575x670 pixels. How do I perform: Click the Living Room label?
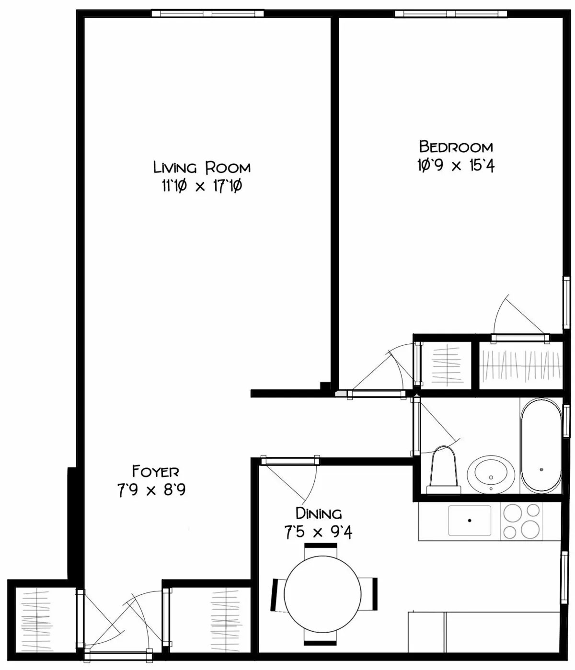[202, 168]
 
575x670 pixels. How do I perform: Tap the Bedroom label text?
[456, 146]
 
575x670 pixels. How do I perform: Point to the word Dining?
[318, 514]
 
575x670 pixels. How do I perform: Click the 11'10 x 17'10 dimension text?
[201, 186]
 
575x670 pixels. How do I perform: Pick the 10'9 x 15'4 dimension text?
[456, 166]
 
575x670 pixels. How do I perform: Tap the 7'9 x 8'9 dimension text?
[151, 490]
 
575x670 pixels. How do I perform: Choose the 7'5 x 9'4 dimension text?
[318, 532]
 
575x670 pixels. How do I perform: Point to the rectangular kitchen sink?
[470, 521]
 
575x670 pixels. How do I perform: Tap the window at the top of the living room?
[207, 13]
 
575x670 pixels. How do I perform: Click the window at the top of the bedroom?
[450, 13]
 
